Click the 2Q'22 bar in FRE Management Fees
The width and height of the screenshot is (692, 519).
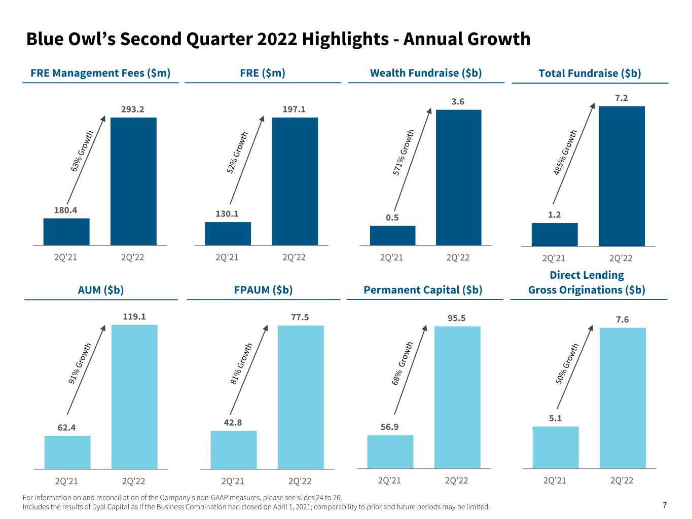click(133, 181)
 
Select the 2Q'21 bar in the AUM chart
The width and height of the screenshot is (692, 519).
click(67, 452)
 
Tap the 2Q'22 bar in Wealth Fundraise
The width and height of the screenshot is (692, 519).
click(458, 177)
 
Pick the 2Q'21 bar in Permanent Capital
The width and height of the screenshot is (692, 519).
click(390, 452)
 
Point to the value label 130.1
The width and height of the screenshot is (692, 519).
click(227, 213)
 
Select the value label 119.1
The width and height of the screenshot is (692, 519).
click(134, 316)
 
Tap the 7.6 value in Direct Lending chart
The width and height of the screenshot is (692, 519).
click(622, 319)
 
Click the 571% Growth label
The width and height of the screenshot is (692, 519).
click(404, 152)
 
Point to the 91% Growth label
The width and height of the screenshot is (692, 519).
click(81, 362)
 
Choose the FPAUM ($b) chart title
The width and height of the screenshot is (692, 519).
click(263, 290)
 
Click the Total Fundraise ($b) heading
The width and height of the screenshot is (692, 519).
click(590, 73)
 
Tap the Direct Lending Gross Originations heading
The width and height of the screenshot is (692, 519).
click(587, 282)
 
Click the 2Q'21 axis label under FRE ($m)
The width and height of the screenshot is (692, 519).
click(227, 257)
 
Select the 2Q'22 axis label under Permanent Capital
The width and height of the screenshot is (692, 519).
click(456, 480)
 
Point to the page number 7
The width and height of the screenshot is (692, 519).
click(665, 505)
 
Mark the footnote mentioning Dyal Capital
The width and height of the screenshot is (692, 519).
click(257, 507)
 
